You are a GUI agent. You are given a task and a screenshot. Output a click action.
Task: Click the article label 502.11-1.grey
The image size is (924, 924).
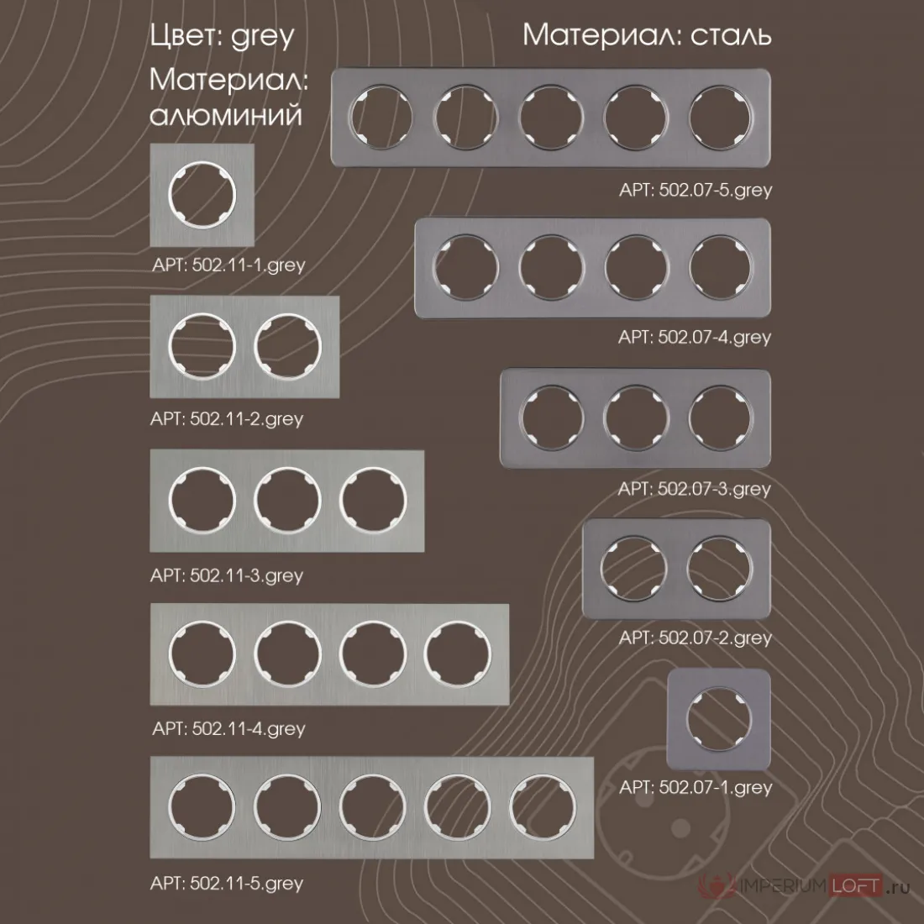tap(228, 265)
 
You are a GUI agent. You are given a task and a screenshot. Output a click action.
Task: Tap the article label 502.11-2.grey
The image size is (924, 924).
tap(227, 419)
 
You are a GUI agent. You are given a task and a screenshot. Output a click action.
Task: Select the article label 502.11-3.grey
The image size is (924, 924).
tap(227, 575)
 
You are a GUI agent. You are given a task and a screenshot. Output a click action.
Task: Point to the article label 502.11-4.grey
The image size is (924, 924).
tap(228, 729)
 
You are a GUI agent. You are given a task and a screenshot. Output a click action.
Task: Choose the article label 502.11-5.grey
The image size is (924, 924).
tap(227, 884)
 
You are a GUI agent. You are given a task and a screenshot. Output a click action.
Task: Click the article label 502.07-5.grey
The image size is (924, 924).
tap(696, 191)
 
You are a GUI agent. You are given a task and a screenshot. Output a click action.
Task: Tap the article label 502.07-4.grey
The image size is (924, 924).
tap(695, 338)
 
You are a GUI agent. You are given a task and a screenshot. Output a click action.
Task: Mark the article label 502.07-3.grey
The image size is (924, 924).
tap(695, 489)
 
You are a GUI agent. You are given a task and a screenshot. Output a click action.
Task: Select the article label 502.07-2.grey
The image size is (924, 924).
tap(696, 638)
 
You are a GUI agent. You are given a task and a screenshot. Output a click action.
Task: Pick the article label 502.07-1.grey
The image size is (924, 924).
tap(696, 787)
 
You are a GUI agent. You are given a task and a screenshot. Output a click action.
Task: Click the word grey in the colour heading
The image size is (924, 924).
tap(262, 36)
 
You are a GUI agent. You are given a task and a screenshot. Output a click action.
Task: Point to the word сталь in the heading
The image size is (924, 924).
tap(731, 35)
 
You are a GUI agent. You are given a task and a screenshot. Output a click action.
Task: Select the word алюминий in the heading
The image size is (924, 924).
tap(226, 116)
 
